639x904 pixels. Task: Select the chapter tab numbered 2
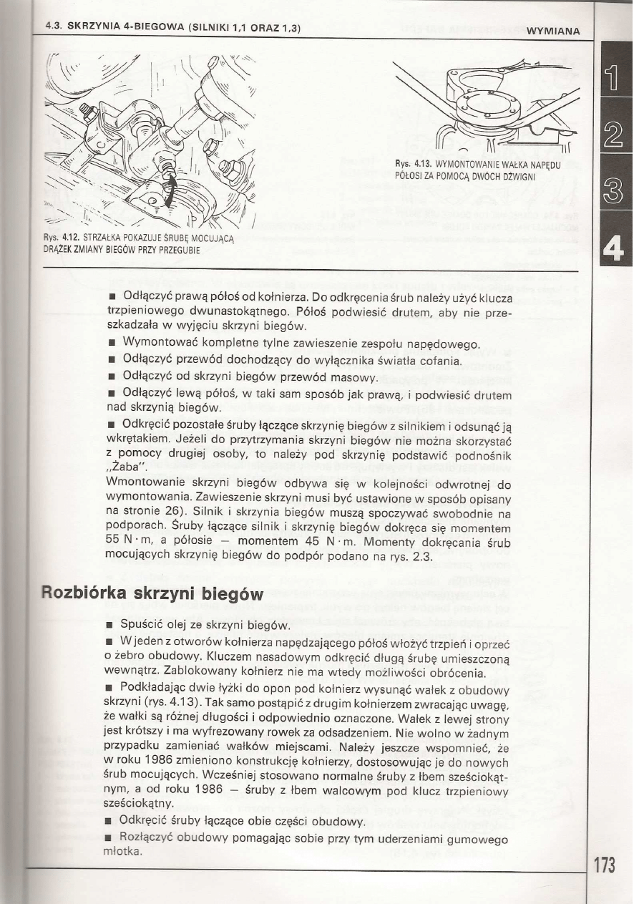point(615,134)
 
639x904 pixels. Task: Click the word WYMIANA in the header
point(552,30)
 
